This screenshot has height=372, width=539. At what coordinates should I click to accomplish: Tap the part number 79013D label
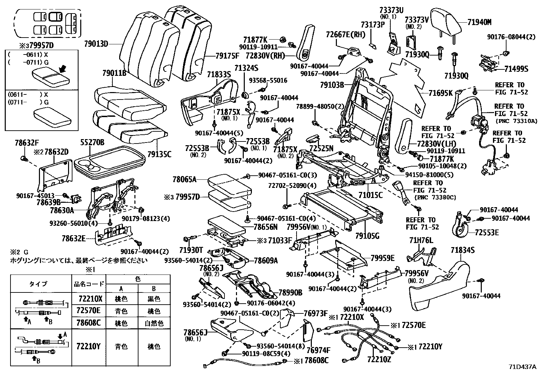coord(96,44)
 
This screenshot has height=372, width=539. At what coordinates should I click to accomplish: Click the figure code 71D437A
coord(522,367)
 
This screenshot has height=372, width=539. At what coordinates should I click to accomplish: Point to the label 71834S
coord(462,250)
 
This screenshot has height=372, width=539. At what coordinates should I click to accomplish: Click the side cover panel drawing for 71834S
coord(440,291)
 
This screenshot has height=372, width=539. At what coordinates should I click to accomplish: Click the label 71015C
coord(371,195)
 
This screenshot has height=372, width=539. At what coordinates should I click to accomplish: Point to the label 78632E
coord(73,238)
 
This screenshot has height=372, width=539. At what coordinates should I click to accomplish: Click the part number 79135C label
coord(159,155)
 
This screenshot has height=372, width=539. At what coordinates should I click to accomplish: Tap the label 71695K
coord(440,92)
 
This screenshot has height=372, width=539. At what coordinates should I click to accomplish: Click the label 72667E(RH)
coord(346,34)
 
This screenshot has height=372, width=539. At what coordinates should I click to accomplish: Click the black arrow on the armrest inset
coord(62,69)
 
